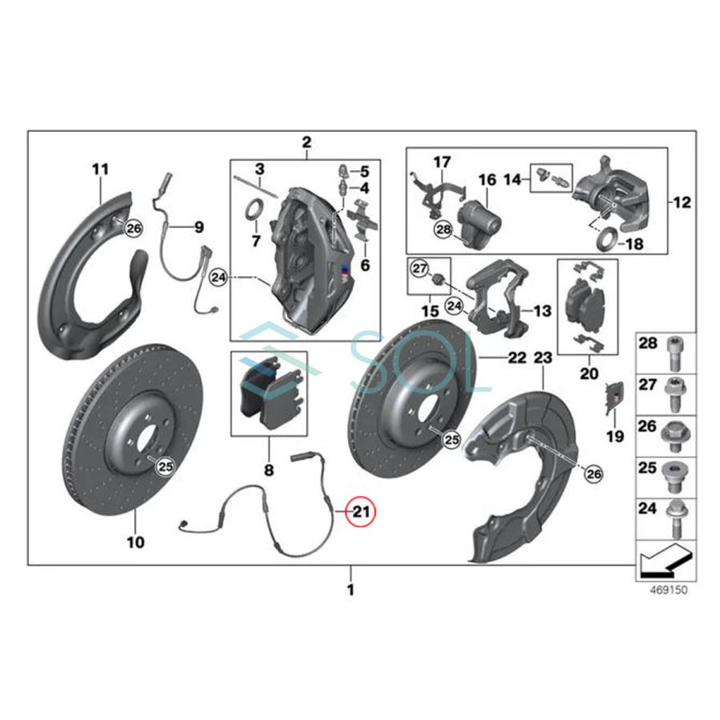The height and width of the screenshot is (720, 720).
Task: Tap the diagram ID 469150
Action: (x=662, y=590)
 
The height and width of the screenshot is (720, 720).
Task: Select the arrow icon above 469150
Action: (x=662, y=560)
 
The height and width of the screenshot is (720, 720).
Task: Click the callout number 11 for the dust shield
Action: (x=100, y=170)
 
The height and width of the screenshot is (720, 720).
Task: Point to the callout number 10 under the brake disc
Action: (x=136, y=542)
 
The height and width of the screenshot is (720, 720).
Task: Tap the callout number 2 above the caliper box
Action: (x=306, y=143)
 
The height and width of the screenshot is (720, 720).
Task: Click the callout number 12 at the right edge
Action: (x=681, y=202)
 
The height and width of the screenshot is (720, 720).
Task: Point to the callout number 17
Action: (x=442, y=162)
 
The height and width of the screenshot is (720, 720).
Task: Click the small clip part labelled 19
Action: (x=613, y=394)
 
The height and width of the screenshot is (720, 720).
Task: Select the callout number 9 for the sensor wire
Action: (x=198, y=227)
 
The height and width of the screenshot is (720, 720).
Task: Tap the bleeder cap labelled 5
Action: (x=344, y=170)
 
